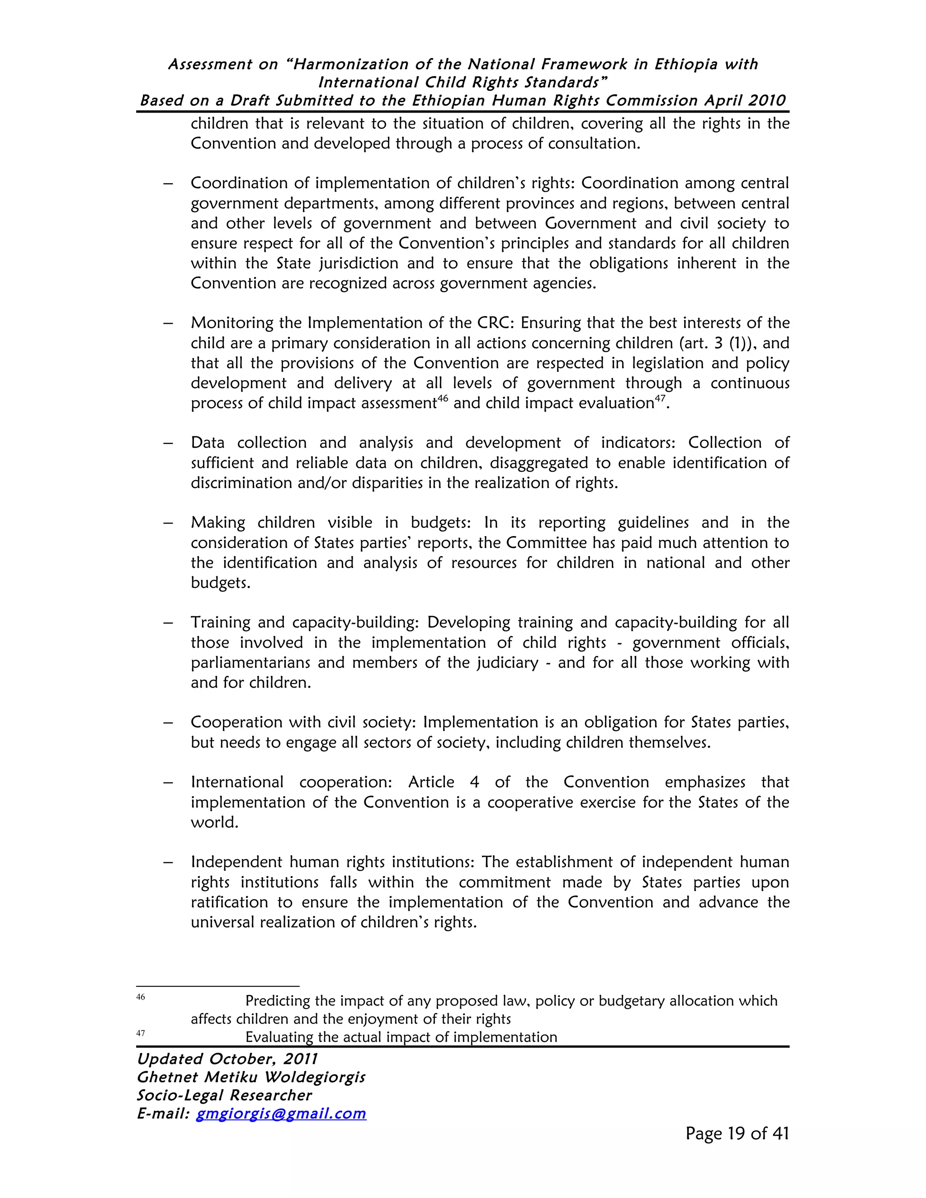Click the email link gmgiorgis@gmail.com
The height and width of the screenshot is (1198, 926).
click(281, 1113)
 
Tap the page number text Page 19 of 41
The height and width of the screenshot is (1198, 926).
click(737, 1134)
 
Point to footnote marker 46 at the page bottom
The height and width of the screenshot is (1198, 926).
click(141, 997)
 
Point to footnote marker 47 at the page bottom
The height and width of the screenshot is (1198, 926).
click(141, 1033)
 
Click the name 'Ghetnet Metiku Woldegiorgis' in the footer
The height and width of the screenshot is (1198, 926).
click(250, 1077)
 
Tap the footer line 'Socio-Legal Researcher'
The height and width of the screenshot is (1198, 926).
click(224, 1095)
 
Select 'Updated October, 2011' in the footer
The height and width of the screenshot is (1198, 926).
click(227, 1059)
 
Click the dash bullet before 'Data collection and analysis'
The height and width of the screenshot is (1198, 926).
click(168, 443)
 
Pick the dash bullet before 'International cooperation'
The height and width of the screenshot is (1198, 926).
click(168, 783)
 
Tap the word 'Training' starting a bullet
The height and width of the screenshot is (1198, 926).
click(218, 623)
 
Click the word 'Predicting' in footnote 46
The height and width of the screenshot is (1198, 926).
click(278, 1001)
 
